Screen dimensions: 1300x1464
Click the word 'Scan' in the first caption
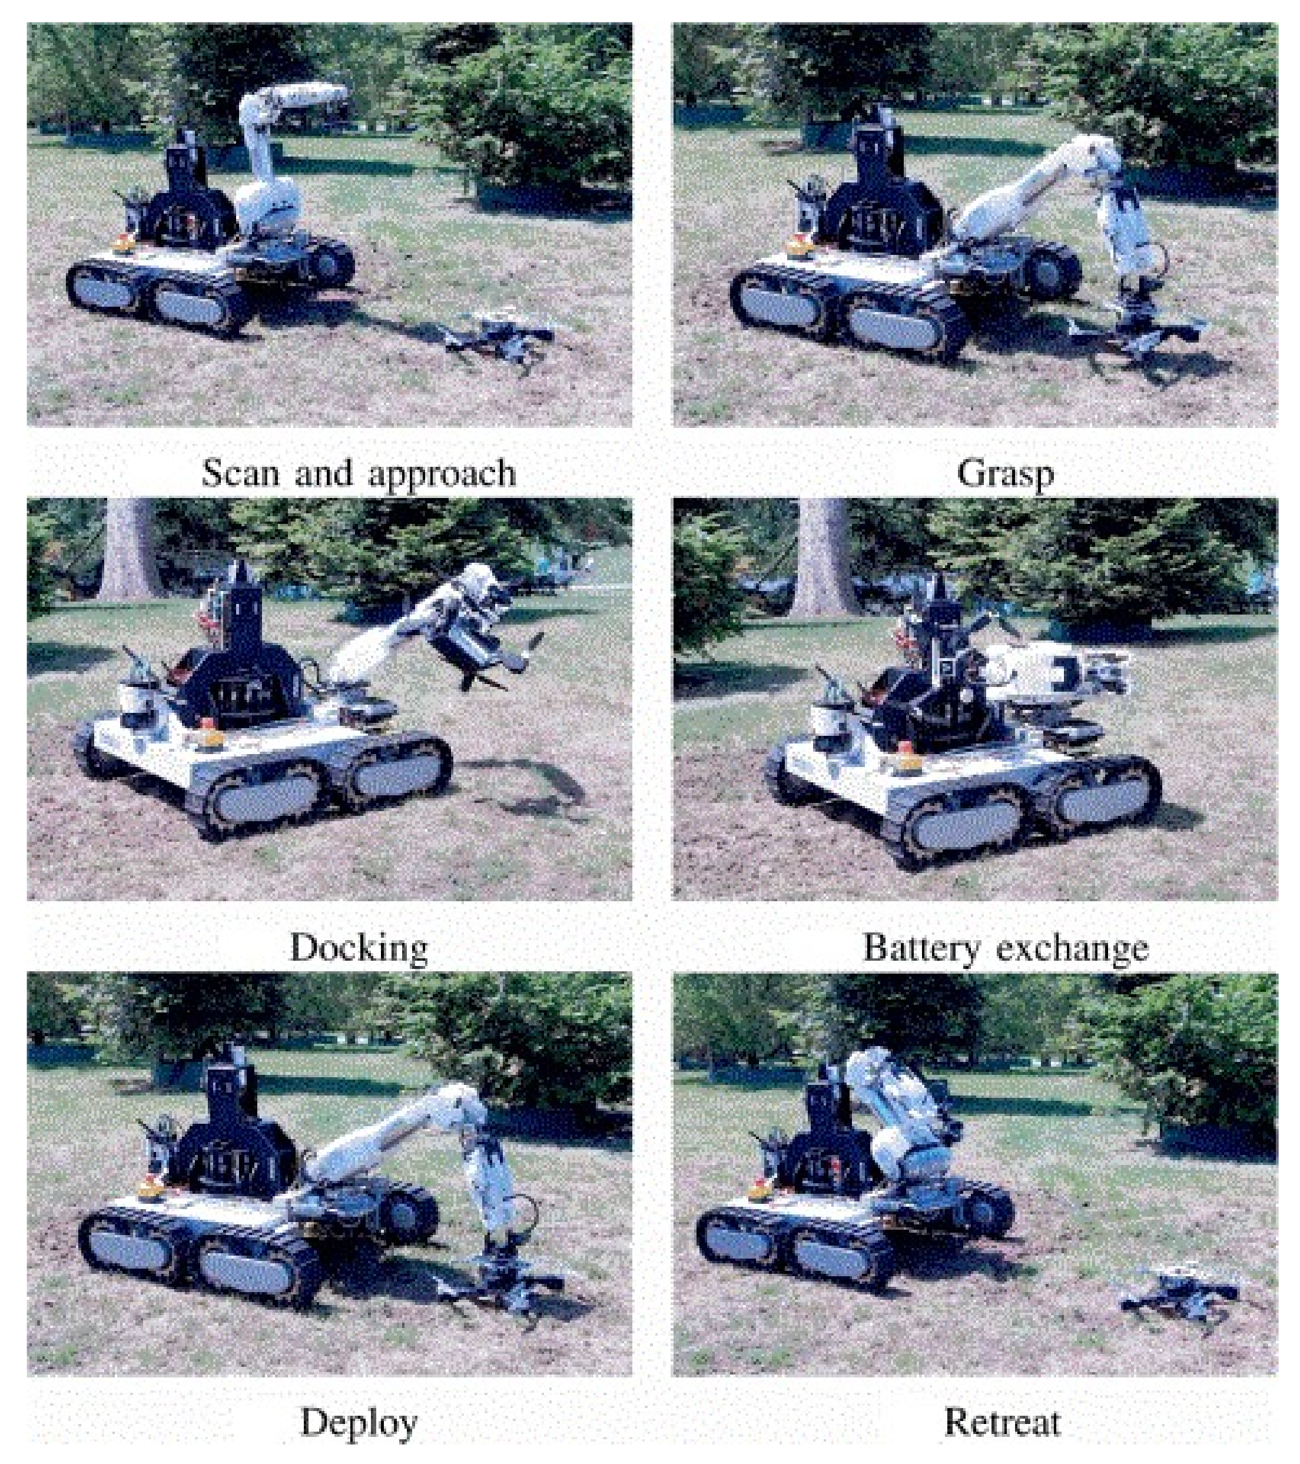[241, 473]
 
